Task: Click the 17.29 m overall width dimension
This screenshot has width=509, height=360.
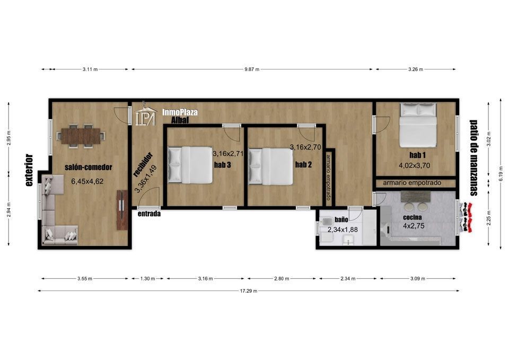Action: coord(248,291)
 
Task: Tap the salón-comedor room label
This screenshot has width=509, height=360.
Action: coord(89,167)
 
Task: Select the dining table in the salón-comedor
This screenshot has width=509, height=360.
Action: coord(81,136)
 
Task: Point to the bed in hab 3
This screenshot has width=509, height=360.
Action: coord(190,164)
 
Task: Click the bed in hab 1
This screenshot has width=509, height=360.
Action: coord(417,125)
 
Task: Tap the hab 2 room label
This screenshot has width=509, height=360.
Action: coord(303,164)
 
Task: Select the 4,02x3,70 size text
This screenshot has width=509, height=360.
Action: coord(414,165)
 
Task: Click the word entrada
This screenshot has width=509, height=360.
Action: coord(149,214)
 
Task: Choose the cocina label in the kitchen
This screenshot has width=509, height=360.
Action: coord(413,217)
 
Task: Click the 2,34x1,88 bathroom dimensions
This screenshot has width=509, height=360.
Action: coord(343,230)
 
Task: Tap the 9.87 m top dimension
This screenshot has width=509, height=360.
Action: coord(252,69)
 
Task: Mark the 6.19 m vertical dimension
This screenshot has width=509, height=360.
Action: coord(501,176)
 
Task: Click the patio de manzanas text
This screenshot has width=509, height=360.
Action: coord(473,158)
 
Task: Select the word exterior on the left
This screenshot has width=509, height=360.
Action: coord(30,170)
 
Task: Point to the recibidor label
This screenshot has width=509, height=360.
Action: coord(143,164)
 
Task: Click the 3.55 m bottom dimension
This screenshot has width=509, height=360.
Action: coord(85,278)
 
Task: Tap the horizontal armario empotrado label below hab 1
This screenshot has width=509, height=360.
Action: coord(412,183)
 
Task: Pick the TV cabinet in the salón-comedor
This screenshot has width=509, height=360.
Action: coord(122,210)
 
